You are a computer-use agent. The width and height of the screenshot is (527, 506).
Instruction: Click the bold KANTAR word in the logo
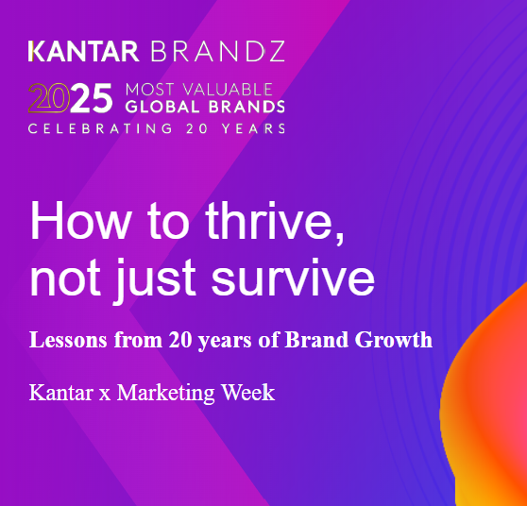pos(83,51)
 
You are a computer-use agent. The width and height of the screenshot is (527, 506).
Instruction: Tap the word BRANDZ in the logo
pos(218,51)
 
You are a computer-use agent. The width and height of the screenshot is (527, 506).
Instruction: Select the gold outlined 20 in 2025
pos(49,98)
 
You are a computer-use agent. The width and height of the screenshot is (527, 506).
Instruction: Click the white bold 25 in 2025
pos(91,98)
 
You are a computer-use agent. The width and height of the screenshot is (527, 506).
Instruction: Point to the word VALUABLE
pos(228,90)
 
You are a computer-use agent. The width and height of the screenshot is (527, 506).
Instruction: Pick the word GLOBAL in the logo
pos(162,107)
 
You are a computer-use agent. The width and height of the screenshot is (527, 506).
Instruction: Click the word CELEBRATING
pos(100,128)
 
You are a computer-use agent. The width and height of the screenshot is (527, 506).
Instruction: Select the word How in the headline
pos(80,220)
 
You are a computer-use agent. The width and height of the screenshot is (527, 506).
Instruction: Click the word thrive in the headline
pos(275,221)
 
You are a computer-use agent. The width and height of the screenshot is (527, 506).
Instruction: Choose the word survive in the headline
pos(293,278)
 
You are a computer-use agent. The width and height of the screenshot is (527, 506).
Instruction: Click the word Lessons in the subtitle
pos(68,340)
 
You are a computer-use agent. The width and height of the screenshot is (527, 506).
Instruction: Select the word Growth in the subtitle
pos(394,340)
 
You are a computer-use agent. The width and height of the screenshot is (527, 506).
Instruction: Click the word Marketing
pos(165,393)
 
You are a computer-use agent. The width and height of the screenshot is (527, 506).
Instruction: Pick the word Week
pos(247,392)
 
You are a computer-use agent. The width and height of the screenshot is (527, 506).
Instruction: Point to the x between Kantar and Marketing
pos(105,396)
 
